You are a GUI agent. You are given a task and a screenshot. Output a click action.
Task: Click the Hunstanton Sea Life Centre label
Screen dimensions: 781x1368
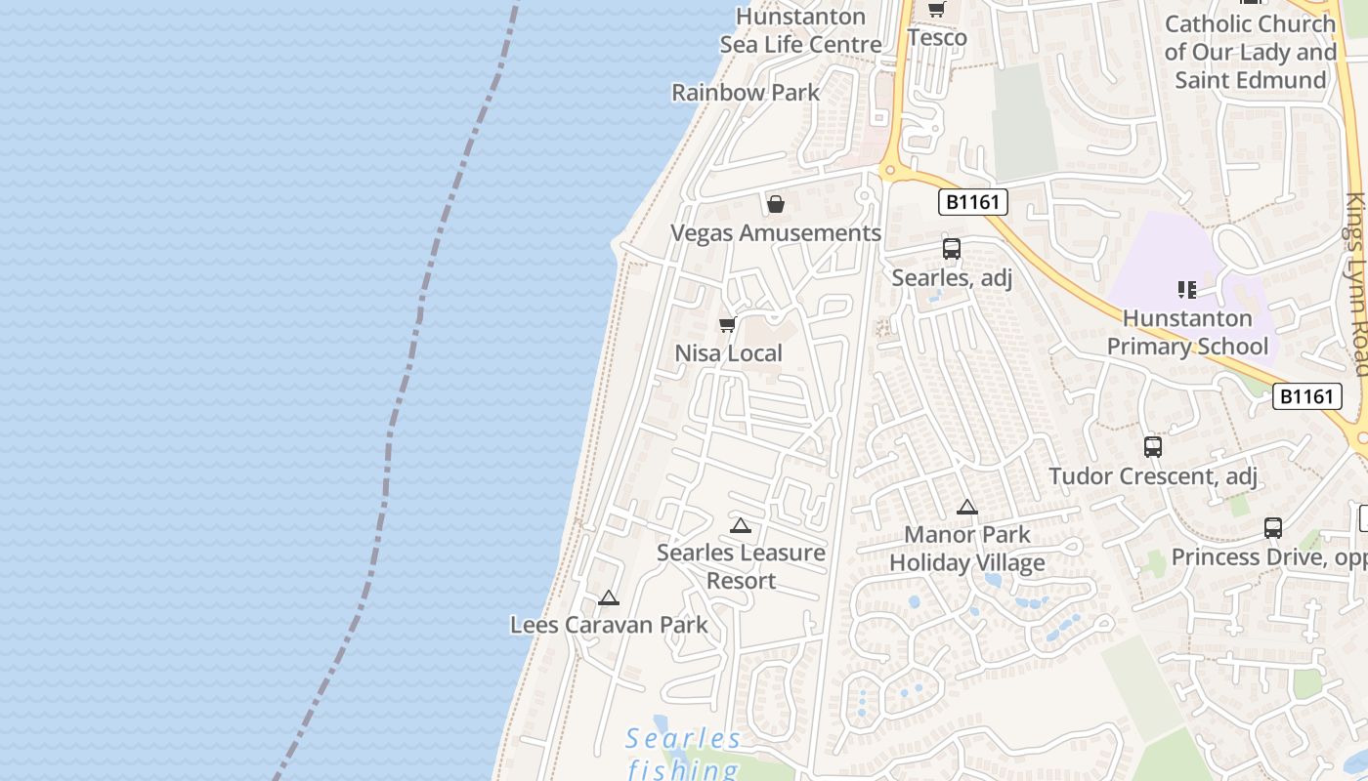click(x=800, y=30)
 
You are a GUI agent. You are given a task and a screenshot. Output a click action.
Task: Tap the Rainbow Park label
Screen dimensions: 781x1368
click(x=746, y=93)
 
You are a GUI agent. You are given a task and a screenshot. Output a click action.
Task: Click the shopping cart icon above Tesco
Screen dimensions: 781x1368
click(x=936, y=9)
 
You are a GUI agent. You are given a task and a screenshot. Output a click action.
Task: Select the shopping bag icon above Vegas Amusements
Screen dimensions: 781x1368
click(x=776, y=204)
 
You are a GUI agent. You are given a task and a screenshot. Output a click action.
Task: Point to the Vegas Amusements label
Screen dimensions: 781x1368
click(x=776, y=233)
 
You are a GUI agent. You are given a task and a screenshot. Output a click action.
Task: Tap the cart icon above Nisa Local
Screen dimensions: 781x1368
click(x=727, y=325)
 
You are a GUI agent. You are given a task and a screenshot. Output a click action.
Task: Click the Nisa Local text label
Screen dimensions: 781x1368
click(x=729, y=353)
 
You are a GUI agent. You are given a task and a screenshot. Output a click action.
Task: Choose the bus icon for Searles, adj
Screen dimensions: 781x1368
click(x=952, y=249)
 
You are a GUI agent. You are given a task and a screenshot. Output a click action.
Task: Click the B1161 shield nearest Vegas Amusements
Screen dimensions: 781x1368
click(x=973, y=202)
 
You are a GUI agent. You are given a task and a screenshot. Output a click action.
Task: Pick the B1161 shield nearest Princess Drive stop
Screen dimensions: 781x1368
click(x=1306, y=396)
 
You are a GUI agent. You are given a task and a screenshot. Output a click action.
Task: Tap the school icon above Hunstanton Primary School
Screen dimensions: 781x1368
click(x=1187, y=289)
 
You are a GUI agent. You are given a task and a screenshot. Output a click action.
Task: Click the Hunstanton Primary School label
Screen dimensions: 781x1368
click(x=1187, y=332)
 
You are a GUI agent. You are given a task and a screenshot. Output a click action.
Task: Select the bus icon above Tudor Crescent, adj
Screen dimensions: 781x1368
click(x=1153, y=447)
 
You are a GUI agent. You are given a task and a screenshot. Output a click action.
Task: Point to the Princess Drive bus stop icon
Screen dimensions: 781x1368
click(x=1273, y=528)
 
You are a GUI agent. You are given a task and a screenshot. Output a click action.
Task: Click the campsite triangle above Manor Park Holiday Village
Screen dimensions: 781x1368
click(x=967, y=507)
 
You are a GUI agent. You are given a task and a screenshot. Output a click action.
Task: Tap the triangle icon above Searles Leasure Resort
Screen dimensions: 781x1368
click(x=741, y=525)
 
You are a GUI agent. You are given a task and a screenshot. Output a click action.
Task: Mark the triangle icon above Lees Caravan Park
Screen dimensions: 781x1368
click(x=609, y=597)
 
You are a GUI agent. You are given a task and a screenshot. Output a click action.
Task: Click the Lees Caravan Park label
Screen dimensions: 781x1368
click(x=609, y=625)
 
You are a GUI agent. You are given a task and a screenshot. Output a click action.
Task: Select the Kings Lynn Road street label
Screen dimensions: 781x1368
click(x=1356, y=283)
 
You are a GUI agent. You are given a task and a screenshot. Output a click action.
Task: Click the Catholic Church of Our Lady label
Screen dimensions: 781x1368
click(x=1250, y=52)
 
